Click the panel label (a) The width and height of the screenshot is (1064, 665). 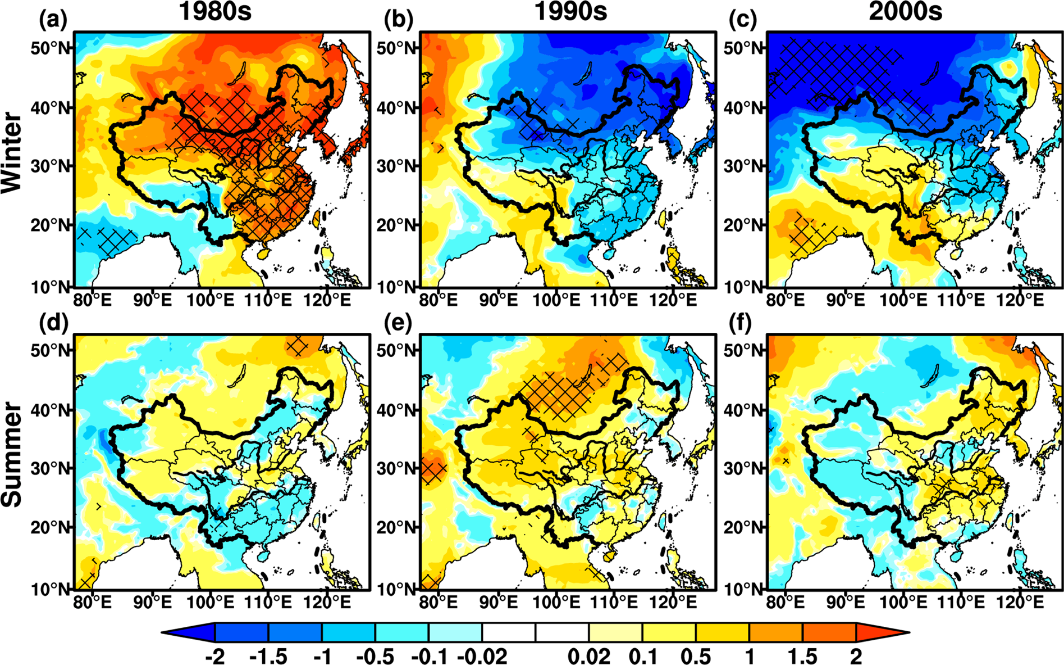(x=53, y=20)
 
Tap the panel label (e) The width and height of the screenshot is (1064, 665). (x=398, y=323)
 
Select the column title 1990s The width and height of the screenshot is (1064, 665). (x=570, y=12)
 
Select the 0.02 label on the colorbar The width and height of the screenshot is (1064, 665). (x=588, y=656)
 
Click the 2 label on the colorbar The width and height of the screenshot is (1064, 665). (x=855, y=656)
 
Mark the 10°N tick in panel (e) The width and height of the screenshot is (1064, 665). (x=397, y=589)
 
